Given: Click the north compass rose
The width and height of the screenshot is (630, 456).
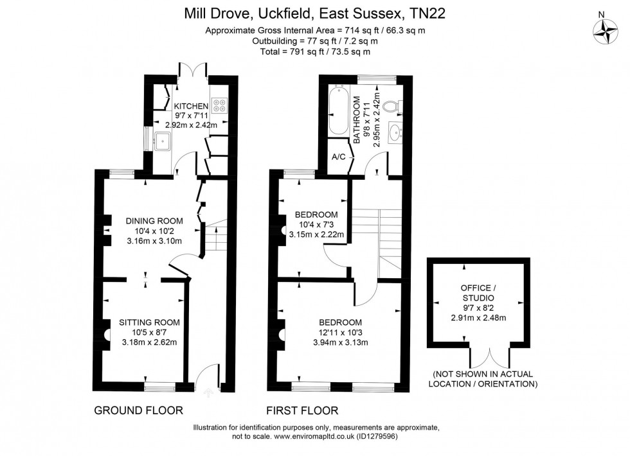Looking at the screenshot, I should point(604,30).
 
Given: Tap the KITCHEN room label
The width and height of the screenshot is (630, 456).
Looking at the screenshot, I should point(191,106).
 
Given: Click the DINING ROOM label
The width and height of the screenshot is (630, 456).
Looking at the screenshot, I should point(154,221).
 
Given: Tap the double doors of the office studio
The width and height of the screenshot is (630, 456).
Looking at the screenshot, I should point(487,358).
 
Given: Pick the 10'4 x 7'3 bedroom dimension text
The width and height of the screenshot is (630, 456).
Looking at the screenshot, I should point(317,224).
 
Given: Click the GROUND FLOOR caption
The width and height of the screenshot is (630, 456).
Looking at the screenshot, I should point(139,410).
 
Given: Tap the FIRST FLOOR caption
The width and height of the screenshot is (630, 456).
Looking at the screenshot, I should point(303,410).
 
